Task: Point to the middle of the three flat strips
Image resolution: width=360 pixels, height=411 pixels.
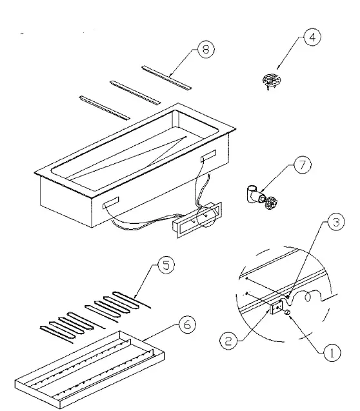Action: pos(134,92)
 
